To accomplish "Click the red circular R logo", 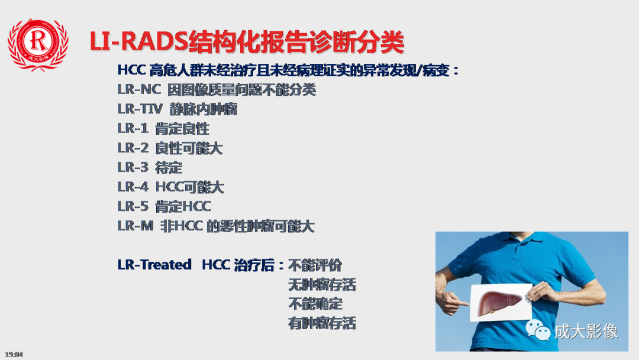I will tap(38, 43).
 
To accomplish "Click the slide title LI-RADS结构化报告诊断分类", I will tap(247, 42).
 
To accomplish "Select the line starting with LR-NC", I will tap(217, 90).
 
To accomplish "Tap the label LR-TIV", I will tap(135, 110).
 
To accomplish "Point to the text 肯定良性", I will tap(182, 128).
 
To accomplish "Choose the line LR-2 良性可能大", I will tap(170, 148).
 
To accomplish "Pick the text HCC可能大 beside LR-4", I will tap(190, 187).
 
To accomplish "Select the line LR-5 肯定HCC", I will tap(164, 207).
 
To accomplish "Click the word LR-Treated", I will tap(154, 265).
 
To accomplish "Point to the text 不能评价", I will tap(315, 265).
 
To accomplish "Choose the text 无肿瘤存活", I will tap(322, 284).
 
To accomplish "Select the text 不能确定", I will tap(315, 304).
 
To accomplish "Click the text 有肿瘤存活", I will tap(322, 323).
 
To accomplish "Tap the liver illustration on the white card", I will tap(498, 298).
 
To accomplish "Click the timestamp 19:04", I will tap(14, 354).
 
